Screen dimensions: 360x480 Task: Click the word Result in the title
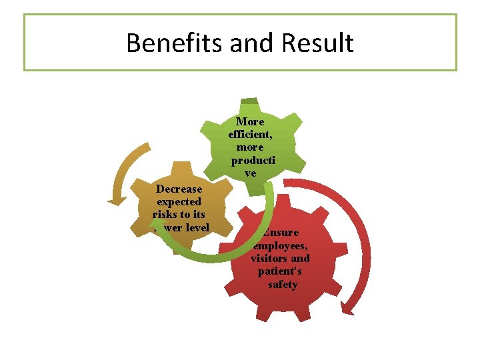[x=317, y=43]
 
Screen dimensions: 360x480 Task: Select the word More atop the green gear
[x=250, y=122]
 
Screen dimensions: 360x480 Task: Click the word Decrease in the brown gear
[x=179, y=189]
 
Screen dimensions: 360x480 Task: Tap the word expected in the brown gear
[x=179, y=202]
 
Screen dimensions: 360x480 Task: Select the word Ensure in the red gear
[x=281, y=233]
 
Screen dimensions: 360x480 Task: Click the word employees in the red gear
[x=280, y=246]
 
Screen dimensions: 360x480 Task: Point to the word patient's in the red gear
[x=280, y=272]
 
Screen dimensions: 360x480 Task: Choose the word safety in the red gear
[x=283, y=285]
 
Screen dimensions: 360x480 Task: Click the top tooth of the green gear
[x=249, y=103]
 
